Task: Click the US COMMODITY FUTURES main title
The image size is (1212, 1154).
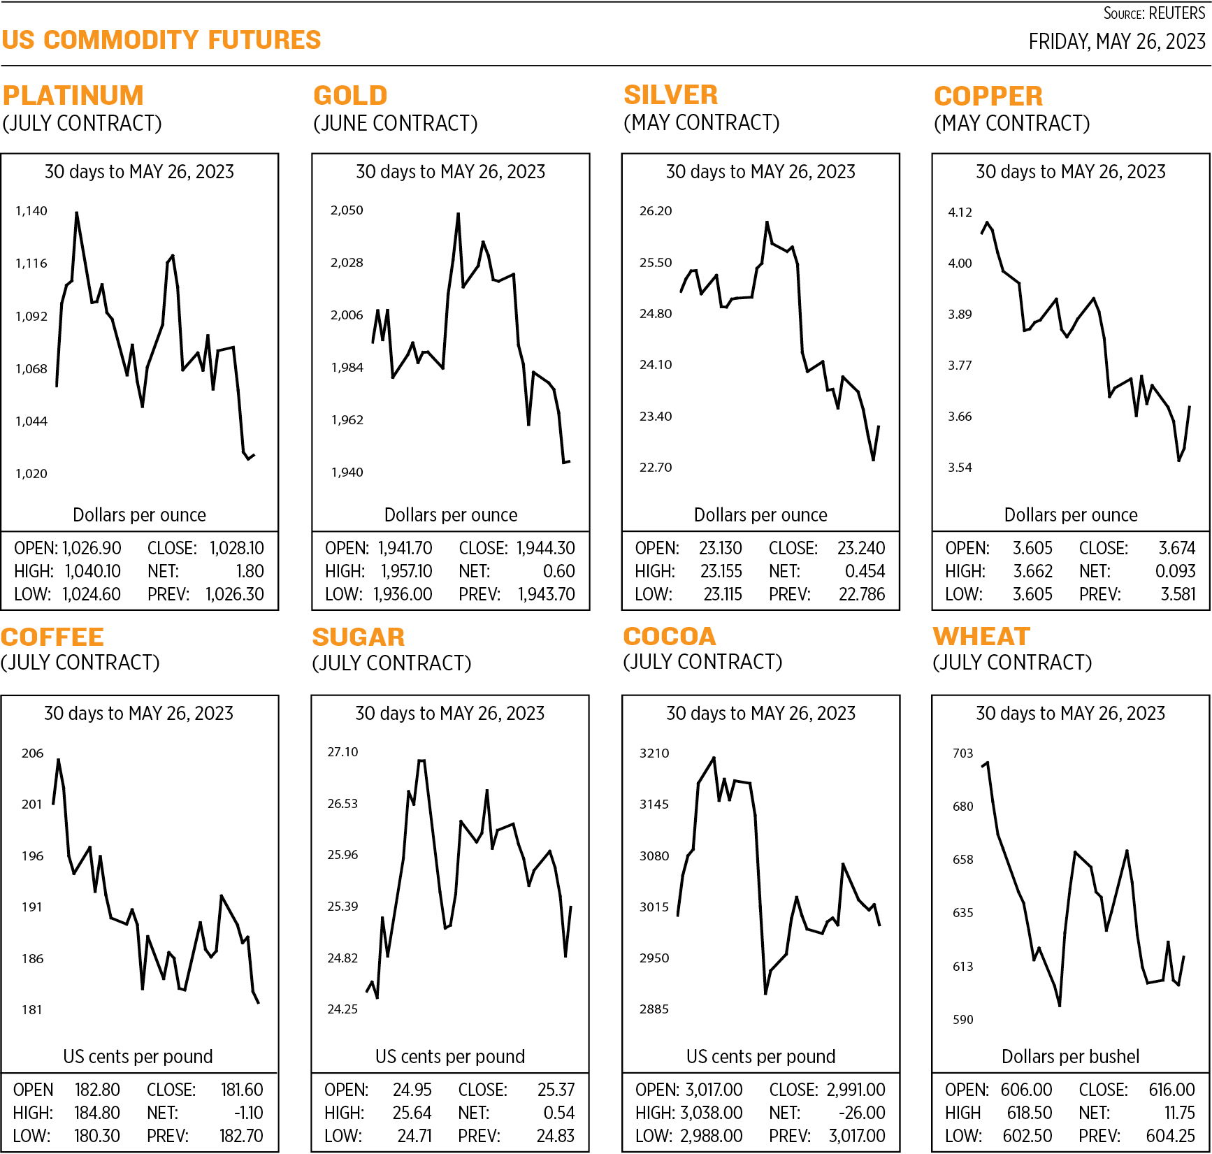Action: tap(161, 40)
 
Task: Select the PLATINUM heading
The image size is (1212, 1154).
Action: tap(73, 95)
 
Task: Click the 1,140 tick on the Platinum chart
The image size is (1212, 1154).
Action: tap(31, 210)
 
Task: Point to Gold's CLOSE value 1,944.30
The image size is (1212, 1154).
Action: tap(545, 549)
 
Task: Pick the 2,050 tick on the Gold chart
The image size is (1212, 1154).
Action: tap(347, 210)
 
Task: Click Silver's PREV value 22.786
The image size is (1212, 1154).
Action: tap(861, 595)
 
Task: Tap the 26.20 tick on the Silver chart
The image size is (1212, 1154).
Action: tap(656, 210)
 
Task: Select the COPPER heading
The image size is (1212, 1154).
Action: tap(988, 96)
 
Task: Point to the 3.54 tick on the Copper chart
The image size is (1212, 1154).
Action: tap(960, 467)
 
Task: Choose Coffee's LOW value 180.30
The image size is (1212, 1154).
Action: tap(97, 1136)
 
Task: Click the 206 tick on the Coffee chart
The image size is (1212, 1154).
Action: tap(32, 753)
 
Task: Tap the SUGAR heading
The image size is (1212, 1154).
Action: tap(358, 637)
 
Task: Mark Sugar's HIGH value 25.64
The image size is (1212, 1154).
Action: tap(412, 1113)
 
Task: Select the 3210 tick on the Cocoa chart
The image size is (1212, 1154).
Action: tap(654, 753)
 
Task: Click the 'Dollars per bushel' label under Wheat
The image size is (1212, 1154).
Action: tap(1070, 1056)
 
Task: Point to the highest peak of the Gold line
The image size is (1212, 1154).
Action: tap(459, 213)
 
